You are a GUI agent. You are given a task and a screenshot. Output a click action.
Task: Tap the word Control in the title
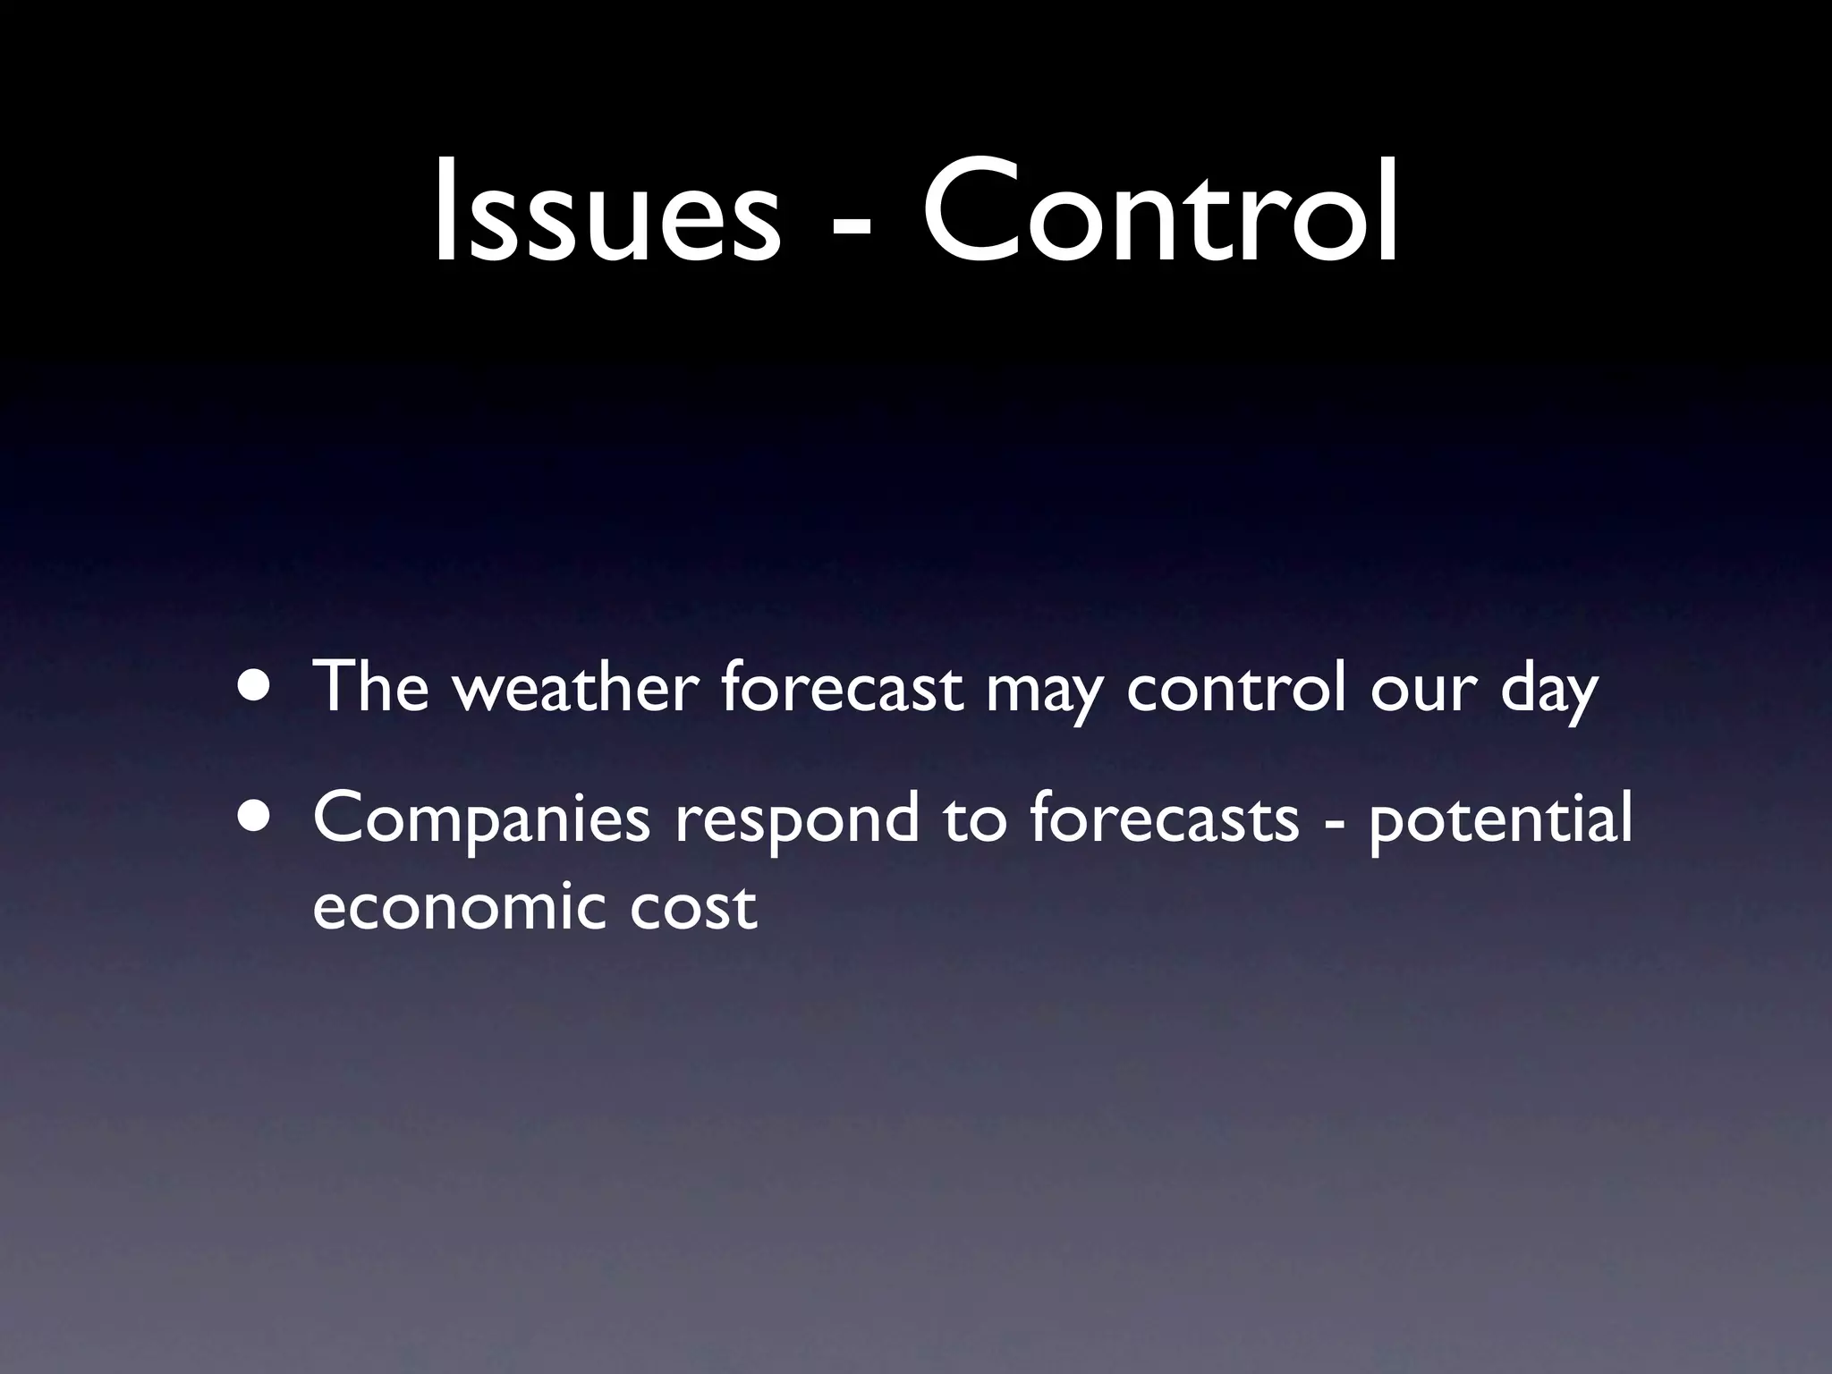(x=1160, y=212)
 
